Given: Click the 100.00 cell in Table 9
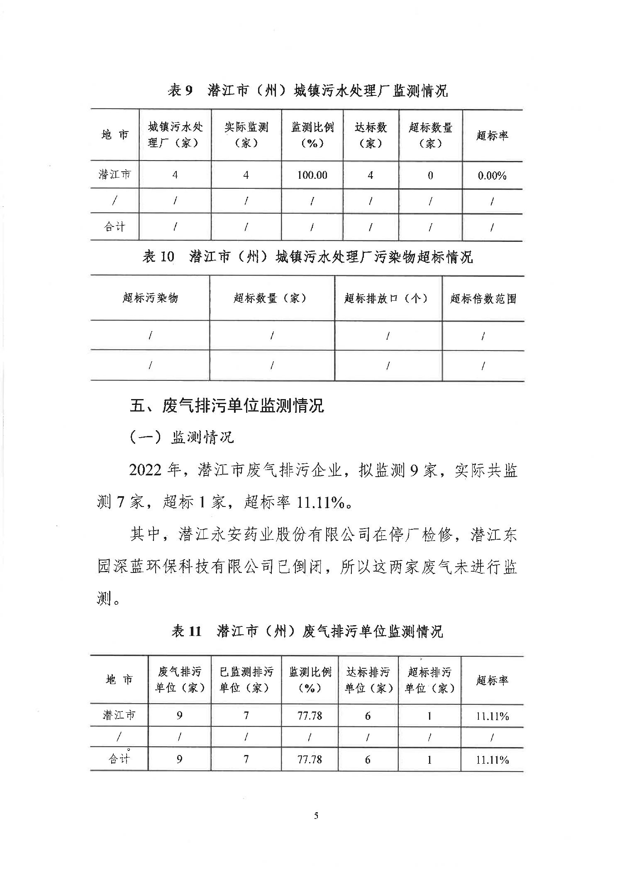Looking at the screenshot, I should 312,175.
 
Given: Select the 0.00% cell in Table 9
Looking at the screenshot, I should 492,175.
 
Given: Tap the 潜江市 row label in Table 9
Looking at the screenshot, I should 115,174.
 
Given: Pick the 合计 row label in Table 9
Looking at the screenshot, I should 115,227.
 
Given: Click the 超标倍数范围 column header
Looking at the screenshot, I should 483,298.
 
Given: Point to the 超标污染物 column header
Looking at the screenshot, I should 150,297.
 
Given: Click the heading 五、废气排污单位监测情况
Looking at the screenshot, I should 227,406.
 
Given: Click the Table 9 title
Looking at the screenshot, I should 307,90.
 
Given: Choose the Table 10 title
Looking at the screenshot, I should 307,257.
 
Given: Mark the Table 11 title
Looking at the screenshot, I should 307,631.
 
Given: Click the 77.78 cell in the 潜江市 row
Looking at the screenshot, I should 310,716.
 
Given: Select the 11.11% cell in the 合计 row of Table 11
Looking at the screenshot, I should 492,760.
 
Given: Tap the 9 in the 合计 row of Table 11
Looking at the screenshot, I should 179,759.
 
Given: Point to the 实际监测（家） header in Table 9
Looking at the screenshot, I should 246,135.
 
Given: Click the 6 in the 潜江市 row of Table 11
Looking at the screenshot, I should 368,716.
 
